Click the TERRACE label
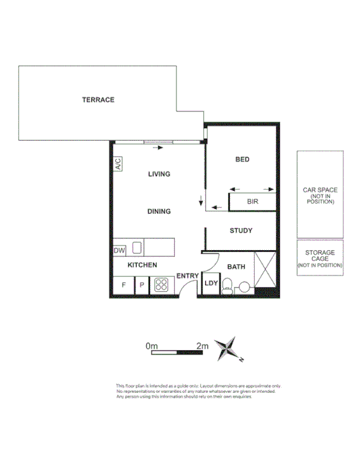(99, 100)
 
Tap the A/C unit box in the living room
(117, 164)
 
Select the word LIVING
(159, 174)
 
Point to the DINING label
(159, 212)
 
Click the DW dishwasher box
(119, 250)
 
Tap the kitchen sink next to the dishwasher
(137, 248)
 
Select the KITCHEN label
(142, 266)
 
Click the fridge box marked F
(123, 285)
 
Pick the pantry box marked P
(142, 285)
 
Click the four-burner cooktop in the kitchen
(162, 285)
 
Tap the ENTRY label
(187, 276)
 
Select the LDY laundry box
(211, 284)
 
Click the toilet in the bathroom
(228, 288)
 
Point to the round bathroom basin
(243, 288)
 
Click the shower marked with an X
(265, 271)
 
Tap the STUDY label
(241, 231)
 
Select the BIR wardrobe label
(253, 201)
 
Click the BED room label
(242, 160)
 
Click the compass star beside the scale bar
(233, 349)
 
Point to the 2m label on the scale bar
(202, 346)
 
